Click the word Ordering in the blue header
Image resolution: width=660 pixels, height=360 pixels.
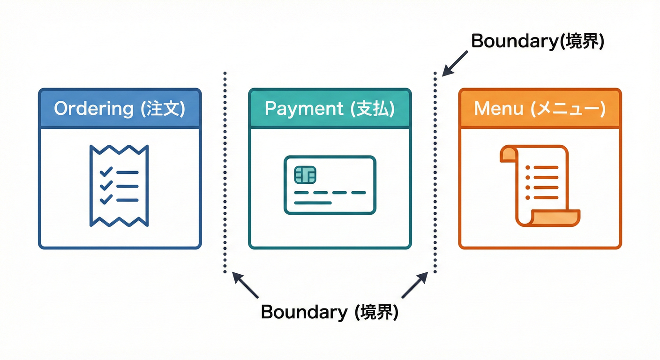[x=94, y=109]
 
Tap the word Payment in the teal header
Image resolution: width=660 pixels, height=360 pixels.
[x=304, y=109]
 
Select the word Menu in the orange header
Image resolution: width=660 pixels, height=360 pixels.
[x=499, y=109]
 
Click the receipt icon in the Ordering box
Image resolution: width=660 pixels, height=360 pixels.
[x=119, y=186]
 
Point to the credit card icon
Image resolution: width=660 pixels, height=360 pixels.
[x=330, y=185]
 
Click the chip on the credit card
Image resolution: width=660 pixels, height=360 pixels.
[x=305, y=175]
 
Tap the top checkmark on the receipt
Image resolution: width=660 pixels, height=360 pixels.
[x=106, y=172]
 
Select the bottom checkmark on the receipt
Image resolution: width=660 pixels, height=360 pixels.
[x=106, y=199]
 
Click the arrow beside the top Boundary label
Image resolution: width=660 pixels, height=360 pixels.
[x=455, y=63]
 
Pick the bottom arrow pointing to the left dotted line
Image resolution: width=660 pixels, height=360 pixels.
[x=246, y=285]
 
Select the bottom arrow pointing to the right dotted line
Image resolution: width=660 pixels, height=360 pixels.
[x=414, y=285]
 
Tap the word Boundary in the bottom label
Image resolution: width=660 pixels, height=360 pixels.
[x=303, y=312]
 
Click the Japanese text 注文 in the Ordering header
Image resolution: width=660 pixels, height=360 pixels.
[x=163, y=109]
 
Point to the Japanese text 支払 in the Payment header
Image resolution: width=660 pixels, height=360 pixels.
[x=374, y=109]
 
